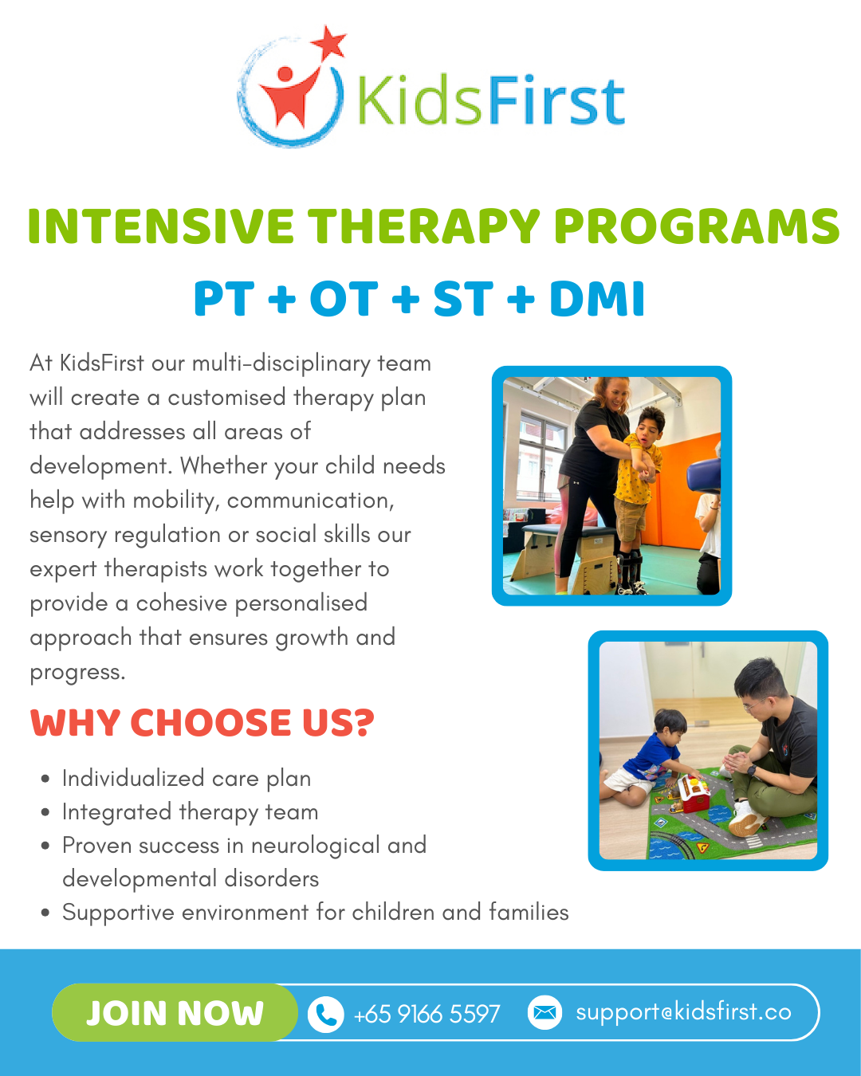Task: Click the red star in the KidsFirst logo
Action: tap(328, 42)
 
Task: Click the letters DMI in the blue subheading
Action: tap(597, 299)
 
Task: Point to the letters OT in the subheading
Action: tap(344, 299)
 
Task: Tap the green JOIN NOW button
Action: tap(175, 1013)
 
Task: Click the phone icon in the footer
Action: tap(326, 1014)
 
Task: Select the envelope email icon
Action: tap(545, 1012)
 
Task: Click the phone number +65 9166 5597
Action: tap(427, 1014)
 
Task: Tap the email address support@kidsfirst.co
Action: tap(683, 1012)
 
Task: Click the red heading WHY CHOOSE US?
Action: tap(202, 723)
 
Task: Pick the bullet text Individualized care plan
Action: tap(187, 779)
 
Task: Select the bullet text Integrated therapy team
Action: tap(190, 812)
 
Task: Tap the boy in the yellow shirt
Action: tap(638, 495)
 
